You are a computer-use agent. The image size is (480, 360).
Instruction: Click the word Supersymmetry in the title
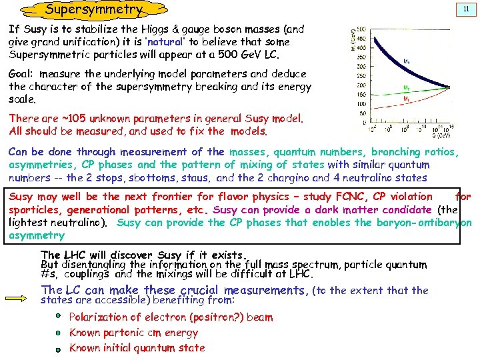(93, 9)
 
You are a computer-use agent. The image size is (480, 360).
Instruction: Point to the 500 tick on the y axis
(361, 29)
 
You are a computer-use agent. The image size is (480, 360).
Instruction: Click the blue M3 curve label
(407, 60)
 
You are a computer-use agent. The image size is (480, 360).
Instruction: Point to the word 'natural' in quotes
(165, 41)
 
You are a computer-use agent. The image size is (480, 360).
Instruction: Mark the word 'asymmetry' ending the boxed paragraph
(37, 235)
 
